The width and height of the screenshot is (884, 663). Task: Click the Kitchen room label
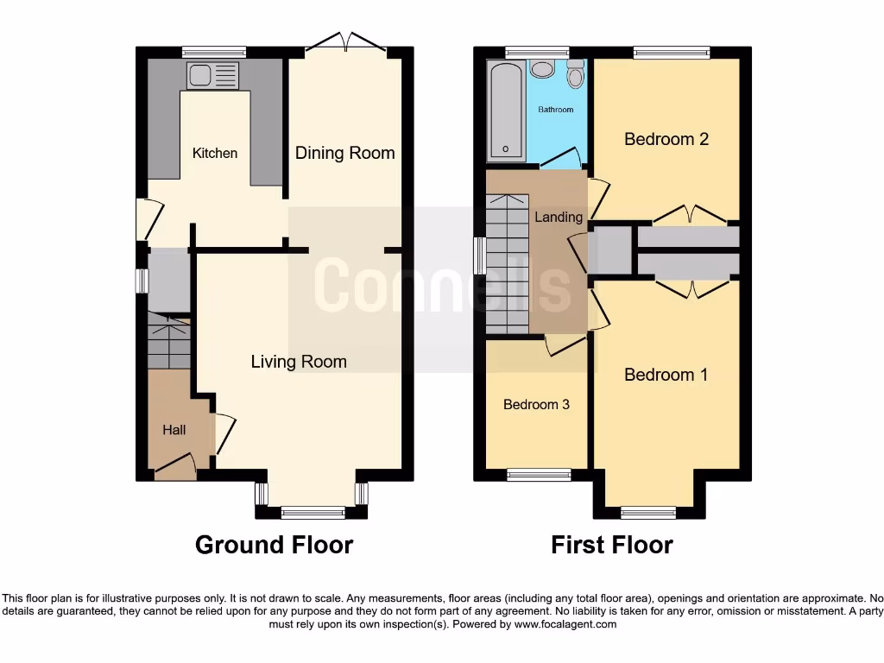(214, 153)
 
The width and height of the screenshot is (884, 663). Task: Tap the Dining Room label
(344, 153)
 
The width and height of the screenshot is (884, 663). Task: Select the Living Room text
(299, 362)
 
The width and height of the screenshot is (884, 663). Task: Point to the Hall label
(174, 429)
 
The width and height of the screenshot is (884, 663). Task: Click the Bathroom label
(555, 110)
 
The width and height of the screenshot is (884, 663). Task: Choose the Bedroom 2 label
(666, 139)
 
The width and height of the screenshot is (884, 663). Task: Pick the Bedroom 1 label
(666, 375)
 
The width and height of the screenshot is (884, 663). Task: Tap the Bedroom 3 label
(536, 404)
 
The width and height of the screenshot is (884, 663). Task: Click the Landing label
(558, 217)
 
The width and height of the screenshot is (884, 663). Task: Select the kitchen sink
(212, 76)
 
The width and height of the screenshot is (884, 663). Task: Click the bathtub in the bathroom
(505, 111)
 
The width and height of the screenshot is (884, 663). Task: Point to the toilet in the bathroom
(576, 75)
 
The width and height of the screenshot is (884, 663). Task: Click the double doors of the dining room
(344, 42)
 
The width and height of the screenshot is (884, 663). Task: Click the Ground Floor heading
(274, 545)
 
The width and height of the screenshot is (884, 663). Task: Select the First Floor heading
(612, 545)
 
